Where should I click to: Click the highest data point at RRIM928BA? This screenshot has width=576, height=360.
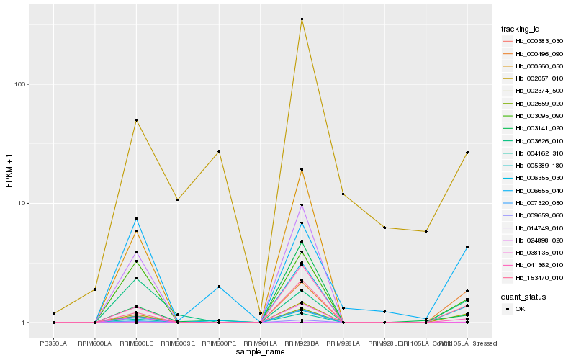click(x=302, y=19)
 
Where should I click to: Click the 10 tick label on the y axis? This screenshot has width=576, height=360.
click(x=22, y=203)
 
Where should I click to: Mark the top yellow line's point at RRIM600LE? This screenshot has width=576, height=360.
click(x=136, y=120)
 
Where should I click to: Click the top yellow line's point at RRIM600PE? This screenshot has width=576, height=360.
click(x=219, y=152)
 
